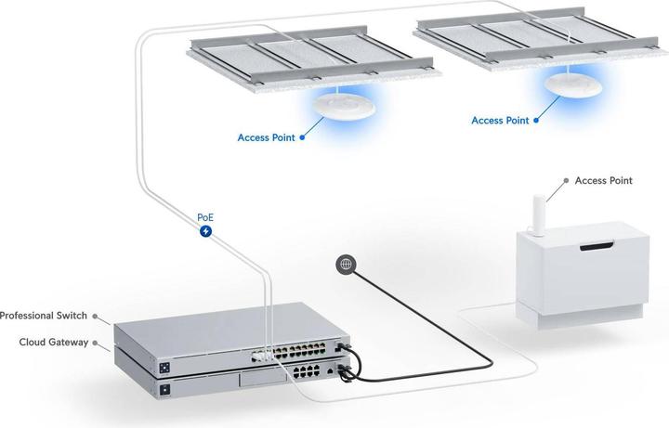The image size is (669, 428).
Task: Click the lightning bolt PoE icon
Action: (206, 231)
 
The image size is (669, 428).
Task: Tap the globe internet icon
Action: (346, 265)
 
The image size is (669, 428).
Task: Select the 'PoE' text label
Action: (206, 216)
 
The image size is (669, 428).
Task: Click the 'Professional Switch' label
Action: (43, 316)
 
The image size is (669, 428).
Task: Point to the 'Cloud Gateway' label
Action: (54, 342)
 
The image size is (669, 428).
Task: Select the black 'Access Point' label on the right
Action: (604, 180)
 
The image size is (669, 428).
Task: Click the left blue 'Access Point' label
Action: (266, 137)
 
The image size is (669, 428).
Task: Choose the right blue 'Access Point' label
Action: (500, 120)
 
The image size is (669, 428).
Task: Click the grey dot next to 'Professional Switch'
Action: (98, 317)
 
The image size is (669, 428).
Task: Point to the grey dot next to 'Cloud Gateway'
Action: (98, 343)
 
